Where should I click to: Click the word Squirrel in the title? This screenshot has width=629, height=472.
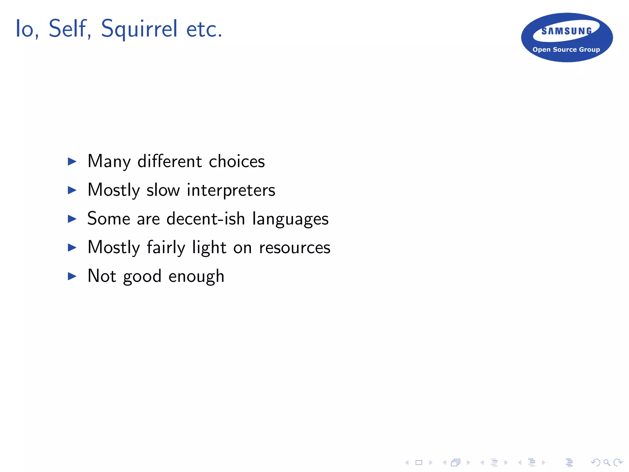coord(139,29)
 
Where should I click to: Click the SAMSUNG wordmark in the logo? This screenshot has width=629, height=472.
coord(567,31)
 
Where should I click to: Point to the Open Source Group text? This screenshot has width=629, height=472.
coord(566,49)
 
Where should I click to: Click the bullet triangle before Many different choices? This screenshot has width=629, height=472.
coord(72,161)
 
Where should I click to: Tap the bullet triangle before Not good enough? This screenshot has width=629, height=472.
coord(72,276)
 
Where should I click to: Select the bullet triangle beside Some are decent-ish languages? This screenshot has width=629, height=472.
coord(72,219)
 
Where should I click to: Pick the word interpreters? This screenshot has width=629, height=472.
coord(231,190)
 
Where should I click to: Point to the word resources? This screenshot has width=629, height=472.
coord(295,248)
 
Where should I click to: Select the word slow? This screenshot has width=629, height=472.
coord(163,190)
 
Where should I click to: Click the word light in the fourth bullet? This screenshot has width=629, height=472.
coord(209,248)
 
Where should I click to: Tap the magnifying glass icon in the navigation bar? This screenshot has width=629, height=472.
coord(607,462)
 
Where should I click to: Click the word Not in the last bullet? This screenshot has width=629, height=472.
coord(102,276)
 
